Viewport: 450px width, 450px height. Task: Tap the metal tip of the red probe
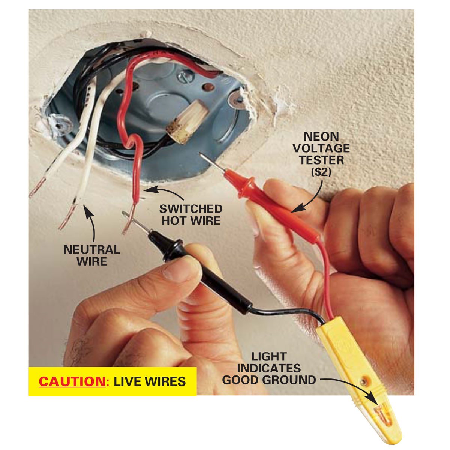pyautogui.click(x=212, y=162)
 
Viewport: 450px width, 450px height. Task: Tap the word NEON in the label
pyautogui.click(x=321, y=136)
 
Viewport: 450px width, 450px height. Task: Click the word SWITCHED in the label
pyautogui.click(x=191, y=209)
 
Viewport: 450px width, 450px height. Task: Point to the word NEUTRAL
pyautogui.click(x=92, y=250)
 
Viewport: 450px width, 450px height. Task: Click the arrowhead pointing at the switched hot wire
pyautogui.click(x=150, y=190)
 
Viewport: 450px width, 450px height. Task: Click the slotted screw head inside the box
pyautogui.click(x=185, y=77)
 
